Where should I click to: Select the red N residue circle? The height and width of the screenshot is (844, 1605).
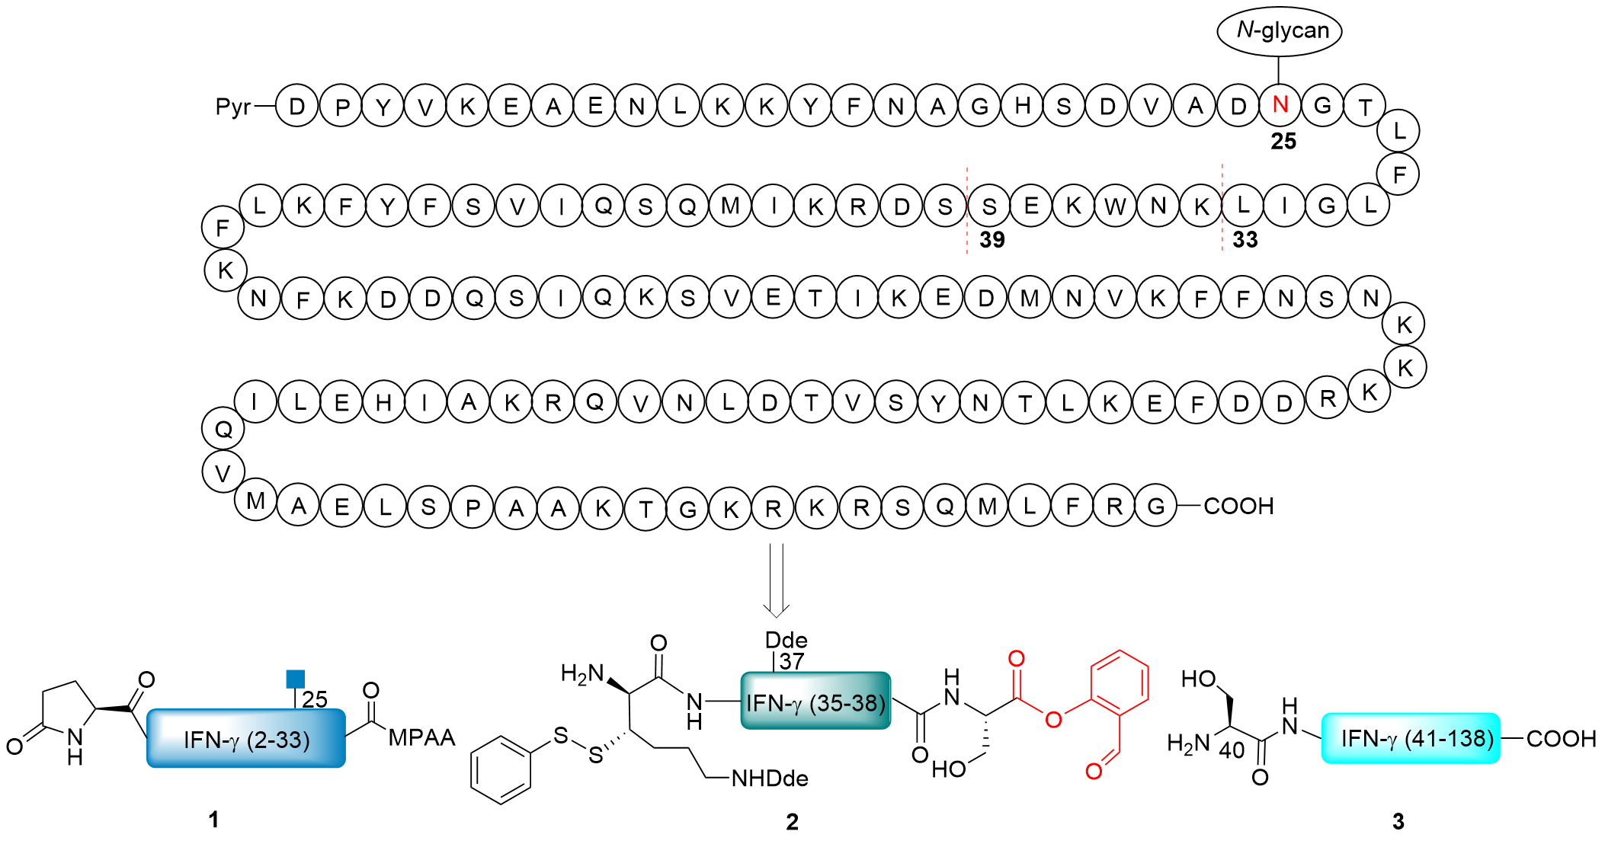(x=1280, y=104)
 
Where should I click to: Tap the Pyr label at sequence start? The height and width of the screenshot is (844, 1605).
(x=232, y=107)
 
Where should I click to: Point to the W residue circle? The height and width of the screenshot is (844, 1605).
(x=1116, y=206)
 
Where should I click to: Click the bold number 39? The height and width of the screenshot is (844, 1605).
(x=992, y=240)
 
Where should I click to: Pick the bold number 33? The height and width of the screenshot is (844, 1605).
(x=1245, y=240)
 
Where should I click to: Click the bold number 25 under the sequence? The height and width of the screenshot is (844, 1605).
(x=1283, y=142)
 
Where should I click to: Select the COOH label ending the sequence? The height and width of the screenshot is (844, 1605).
(x=1238, y=506)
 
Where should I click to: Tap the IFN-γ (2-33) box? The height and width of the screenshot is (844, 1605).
(x=246, y=738)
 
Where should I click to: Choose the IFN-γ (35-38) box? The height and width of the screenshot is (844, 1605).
(x=815, y=701)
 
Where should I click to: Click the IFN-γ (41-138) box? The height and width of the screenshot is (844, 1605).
(x=1411, y=738)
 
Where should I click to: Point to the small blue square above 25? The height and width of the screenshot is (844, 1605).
(x=295, y=678)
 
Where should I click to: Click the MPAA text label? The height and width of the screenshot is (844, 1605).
(x=421, y=737)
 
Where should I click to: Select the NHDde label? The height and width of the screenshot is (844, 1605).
(x=770, y=778)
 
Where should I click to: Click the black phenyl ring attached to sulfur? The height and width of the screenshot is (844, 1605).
(x=501, y=769)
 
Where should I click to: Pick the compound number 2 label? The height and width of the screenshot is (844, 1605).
(x=793, y=822)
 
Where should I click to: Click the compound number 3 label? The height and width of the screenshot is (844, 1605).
(x=1398, y=821)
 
